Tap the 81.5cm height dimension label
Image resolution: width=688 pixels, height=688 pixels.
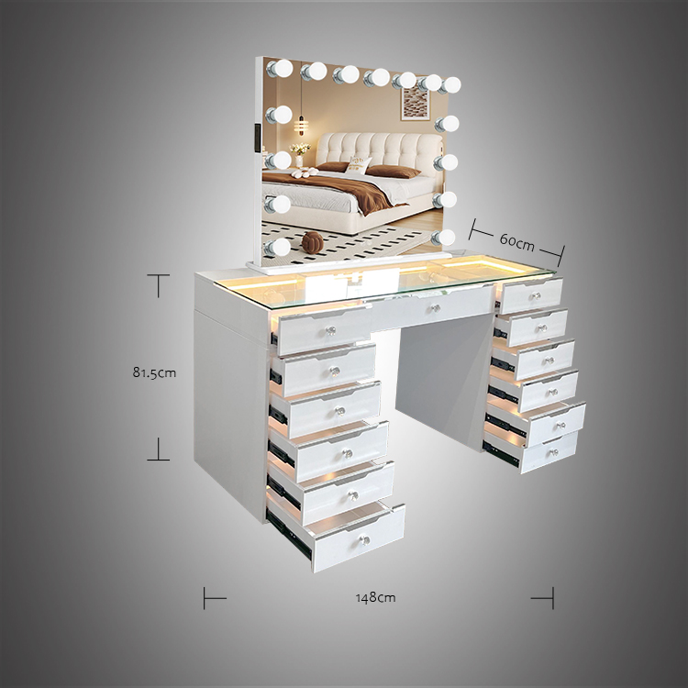tap(153, 372)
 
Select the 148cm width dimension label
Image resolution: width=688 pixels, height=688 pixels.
tap(376, 597)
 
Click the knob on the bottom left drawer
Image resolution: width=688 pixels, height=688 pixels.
tap(365, 538)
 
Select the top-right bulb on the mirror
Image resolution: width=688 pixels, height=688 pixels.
tap(449, 85)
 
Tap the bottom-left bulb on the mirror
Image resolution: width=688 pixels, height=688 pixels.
tap(279, 246)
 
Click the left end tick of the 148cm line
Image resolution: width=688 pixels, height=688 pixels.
tap(205, 597)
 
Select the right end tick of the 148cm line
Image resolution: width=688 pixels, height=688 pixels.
tap(553, 597)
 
